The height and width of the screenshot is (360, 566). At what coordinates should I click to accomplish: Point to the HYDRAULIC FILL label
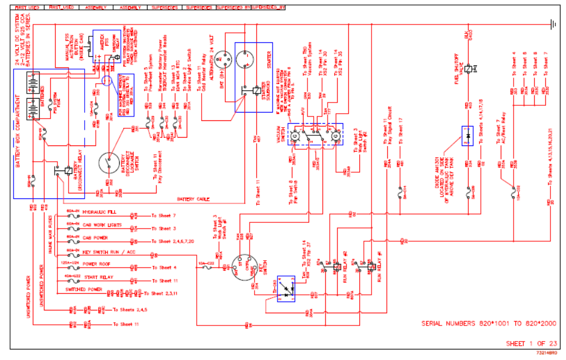[x=99, y=213]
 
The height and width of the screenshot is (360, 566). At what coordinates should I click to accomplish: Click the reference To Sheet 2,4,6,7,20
[x=173, y=242]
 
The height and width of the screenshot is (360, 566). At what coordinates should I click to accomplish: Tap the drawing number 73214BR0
[x=547, y=352]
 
